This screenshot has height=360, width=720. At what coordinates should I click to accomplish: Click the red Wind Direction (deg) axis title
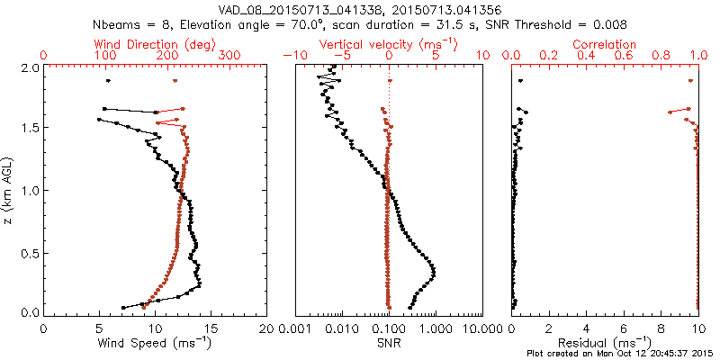coord(155,44)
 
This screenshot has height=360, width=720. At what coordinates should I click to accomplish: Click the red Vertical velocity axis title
coord(388,44)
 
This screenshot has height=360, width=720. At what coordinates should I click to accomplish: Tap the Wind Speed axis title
coord(155,342)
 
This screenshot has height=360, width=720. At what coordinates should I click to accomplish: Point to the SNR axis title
coord(388,342)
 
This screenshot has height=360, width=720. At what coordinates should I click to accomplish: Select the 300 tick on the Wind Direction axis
coord(231,56)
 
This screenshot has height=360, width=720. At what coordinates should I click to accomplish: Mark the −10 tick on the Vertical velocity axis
coord(293,56)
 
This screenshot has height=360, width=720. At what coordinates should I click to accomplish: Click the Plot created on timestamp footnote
coord(621,354)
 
